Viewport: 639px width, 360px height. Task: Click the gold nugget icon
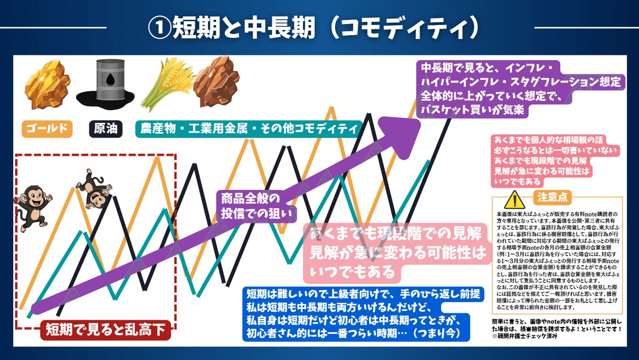47,86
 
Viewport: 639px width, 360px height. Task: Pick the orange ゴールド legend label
47,128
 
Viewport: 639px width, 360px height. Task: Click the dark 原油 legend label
105,128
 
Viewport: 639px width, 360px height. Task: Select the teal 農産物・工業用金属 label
248,128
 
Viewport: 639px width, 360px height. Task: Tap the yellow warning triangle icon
513,199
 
